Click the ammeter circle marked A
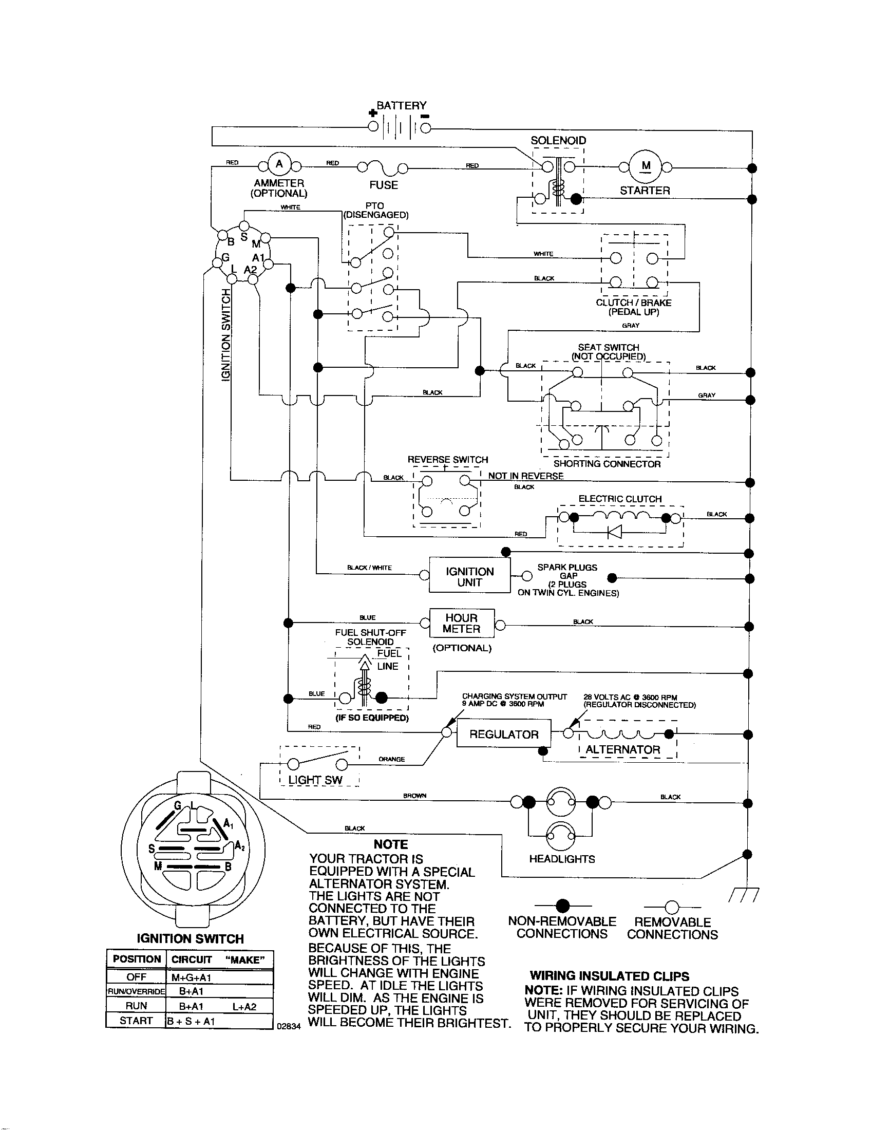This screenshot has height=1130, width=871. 279,164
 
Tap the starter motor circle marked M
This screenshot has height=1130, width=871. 646,165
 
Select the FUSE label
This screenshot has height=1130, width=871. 383,185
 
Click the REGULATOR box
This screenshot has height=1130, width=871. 504,734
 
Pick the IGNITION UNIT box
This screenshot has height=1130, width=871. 469,577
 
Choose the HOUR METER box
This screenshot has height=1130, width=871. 461,624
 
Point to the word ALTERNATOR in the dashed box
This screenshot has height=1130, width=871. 623,750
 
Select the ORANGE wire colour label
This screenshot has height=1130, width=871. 391,760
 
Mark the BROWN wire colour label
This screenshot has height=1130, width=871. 415,796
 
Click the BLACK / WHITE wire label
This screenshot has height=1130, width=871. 369,568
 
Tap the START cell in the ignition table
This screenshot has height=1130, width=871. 136,1020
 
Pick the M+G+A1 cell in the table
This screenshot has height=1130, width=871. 192,977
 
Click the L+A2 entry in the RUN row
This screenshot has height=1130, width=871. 244,1006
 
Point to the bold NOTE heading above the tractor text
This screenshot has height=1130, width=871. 390,844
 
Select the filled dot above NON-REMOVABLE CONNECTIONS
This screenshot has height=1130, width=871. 562,906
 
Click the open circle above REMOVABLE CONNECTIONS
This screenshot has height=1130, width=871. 671,907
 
